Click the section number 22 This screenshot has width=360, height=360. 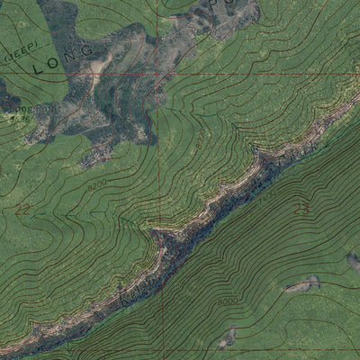22,208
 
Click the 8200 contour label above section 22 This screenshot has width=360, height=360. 98,185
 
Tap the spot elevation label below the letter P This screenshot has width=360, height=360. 203,31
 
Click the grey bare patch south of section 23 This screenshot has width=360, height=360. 302,285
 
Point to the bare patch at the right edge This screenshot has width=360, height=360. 353,261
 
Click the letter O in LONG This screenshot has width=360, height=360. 59,58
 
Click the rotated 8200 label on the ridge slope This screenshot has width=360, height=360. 199,140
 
